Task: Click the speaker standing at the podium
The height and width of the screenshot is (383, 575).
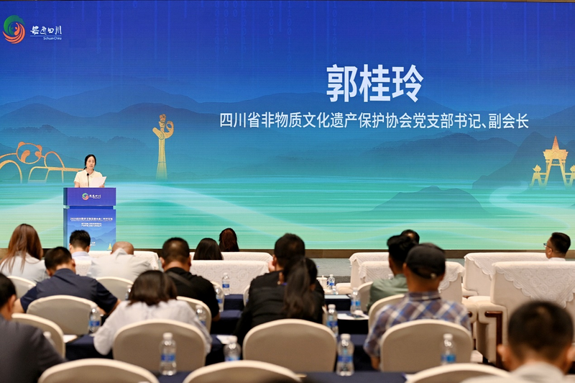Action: (89, 171)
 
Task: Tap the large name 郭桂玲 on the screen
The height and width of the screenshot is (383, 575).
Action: (374, 84)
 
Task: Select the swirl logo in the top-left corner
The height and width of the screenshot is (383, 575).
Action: (14, 30)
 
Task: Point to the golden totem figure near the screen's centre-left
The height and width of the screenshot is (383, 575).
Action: (163, 145)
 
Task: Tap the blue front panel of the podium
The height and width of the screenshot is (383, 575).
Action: (90, 216)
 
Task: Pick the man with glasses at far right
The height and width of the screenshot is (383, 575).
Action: (558, 246)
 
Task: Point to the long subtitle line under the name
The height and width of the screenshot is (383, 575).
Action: (374, 120)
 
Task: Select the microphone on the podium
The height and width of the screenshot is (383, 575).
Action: (88, 178)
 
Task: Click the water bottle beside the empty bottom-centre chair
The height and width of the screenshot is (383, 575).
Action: (345, 354)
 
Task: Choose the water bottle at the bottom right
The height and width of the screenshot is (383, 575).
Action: (448, 348)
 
